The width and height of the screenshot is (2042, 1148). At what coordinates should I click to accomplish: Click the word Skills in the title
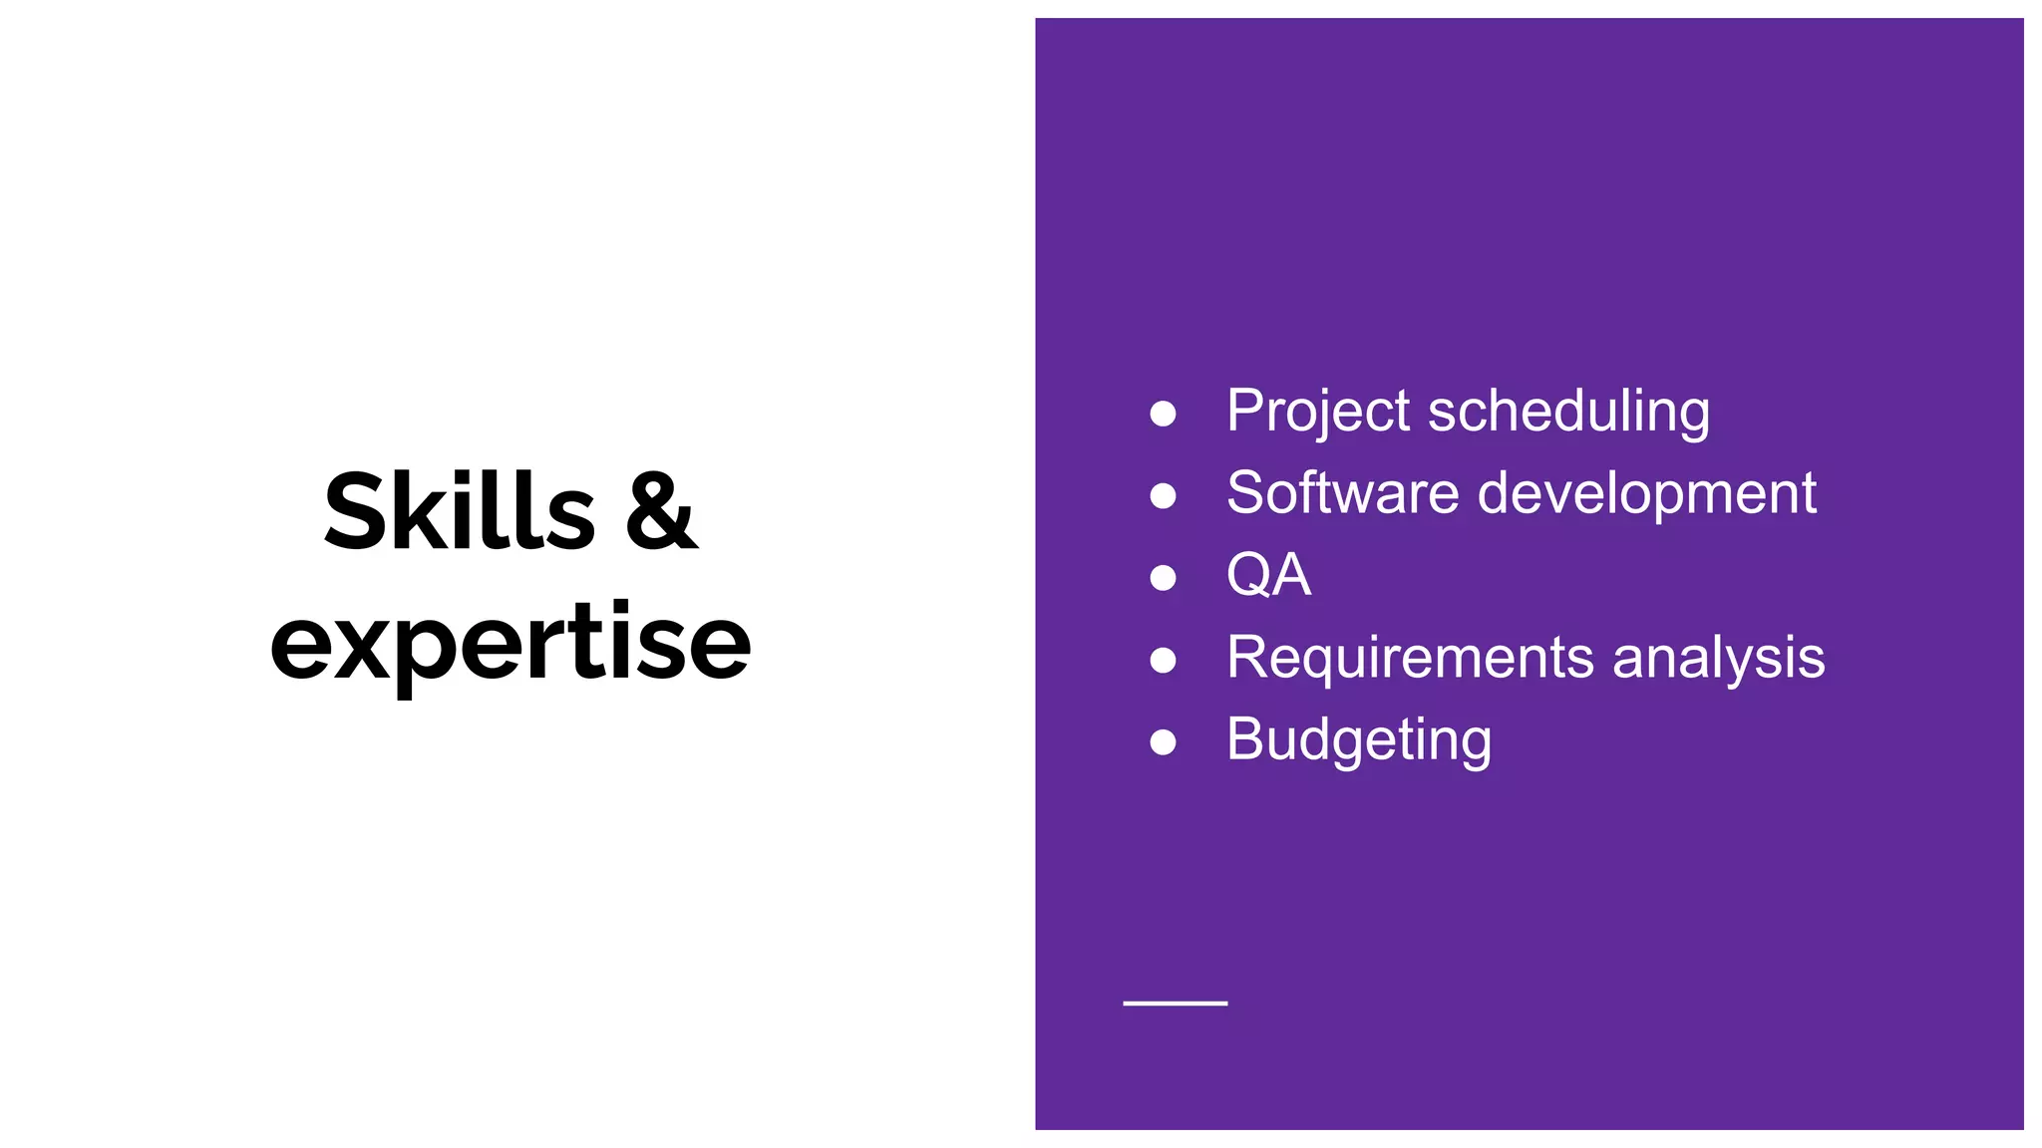coord(460,512)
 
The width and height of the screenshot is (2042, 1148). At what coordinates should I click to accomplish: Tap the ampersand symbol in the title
coord(661,512)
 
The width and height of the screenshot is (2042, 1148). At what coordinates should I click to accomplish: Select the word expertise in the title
coord(510,643)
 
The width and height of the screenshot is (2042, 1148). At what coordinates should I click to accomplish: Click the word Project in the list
coord(1318,411)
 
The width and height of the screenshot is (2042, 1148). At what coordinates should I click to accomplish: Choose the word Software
coord(1342,493)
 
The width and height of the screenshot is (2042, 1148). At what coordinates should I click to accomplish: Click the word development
coord(1646,493)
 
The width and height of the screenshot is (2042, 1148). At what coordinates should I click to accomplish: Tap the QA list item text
coord(1268,575)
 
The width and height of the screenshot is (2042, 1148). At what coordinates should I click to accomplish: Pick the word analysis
coord(1718,658)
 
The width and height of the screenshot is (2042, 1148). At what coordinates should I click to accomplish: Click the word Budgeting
coord(1359,740)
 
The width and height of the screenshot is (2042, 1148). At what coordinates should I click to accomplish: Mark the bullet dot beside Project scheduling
coord(1163,414)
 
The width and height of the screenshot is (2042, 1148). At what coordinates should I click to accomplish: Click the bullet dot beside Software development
coord(1163,495)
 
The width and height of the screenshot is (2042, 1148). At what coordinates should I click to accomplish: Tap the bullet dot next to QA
coord(1163,578)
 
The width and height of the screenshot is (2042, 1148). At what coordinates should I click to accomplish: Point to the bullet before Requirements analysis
coord(1163,660)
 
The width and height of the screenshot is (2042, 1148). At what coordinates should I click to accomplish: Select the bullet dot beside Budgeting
coord(1163,742)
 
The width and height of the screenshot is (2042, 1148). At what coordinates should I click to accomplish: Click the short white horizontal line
coord(1175,1004)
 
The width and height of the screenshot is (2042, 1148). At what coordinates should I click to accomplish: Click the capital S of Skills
coord(355,512)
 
